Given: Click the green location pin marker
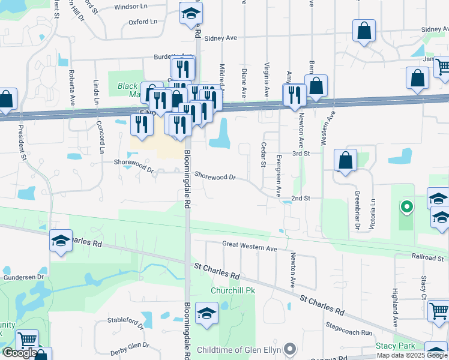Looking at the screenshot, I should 406,208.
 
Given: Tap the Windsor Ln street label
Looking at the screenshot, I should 130,7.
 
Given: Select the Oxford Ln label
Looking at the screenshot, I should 143,22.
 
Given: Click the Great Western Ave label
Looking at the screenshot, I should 250,246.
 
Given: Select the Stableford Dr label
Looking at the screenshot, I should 124,320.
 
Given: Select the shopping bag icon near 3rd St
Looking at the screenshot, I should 345,161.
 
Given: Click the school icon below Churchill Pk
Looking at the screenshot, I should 206,314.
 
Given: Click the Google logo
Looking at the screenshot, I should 19,353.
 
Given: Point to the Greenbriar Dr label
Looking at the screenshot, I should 357,210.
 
